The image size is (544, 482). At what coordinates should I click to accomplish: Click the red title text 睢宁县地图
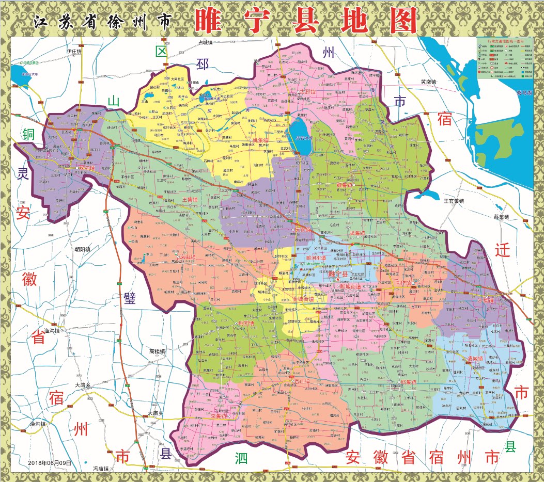point(306,21)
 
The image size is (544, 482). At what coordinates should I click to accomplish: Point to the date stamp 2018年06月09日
point(50,463)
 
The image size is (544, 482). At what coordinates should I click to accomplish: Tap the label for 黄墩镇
point(428,82)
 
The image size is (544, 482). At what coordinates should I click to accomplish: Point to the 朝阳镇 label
point(82,249)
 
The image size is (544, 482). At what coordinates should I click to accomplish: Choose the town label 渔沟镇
point(53,330)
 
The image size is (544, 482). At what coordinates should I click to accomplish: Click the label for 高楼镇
point(157,351)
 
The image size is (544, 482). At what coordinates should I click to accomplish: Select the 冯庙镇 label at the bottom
point(101,468)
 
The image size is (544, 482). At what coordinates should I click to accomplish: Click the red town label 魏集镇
point(345,184)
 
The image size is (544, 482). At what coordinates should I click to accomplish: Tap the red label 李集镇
point(221,415)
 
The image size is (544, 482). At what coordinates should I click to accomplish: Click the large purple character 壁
point(130,299)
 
